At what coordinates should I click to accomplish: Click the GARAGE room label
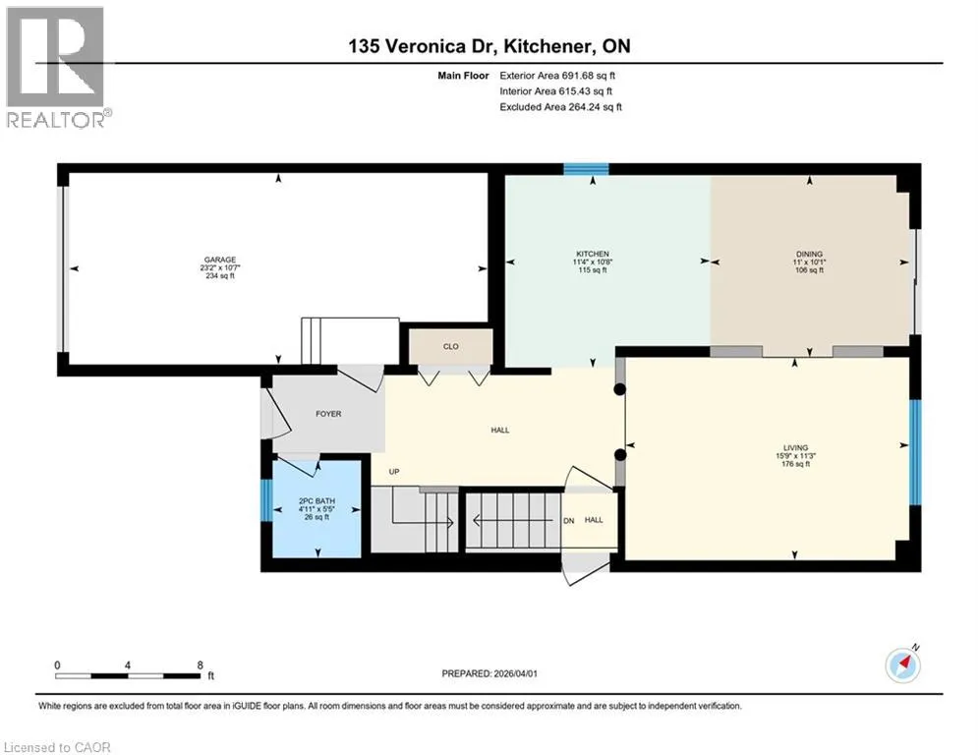point(220,261)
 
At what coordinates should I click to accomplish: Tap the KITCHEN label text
point(593,254)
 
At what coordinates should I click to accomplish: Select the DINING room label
point(810,254)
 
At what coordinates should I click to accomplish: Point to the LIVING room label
point(796,447)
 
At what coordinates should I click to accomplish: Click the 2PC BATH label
point(316,501)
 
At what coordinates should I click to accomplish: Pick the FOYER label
point(328,414)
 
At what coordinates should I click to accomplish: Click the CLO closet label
point(451,346)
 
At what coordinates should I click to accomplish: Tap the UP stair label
point(394,472)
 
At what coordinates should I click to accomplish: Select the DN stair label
point(569,520)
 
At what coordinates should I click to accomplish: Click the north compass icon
point(903,665)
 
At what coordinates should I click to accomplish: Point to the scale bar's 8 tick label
point(201,666)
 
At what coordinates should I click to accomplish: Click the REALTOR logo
point(56,68)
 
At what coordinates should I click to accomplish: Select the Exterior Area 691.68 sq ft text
point(557,76)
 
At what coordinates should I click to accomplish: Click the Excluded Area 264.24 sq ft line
point(560,107)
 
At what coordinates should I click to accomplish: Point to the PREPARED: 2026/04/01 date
point(489,673)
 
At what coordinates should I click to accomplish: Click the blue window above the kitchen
point(586,169)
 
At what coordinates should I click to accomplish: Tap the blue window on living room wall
point(915,452)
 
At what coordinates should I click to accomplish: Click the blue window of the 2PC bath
point(266,499)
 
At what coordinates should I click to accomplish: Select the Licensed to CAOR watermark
point(57,747)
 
